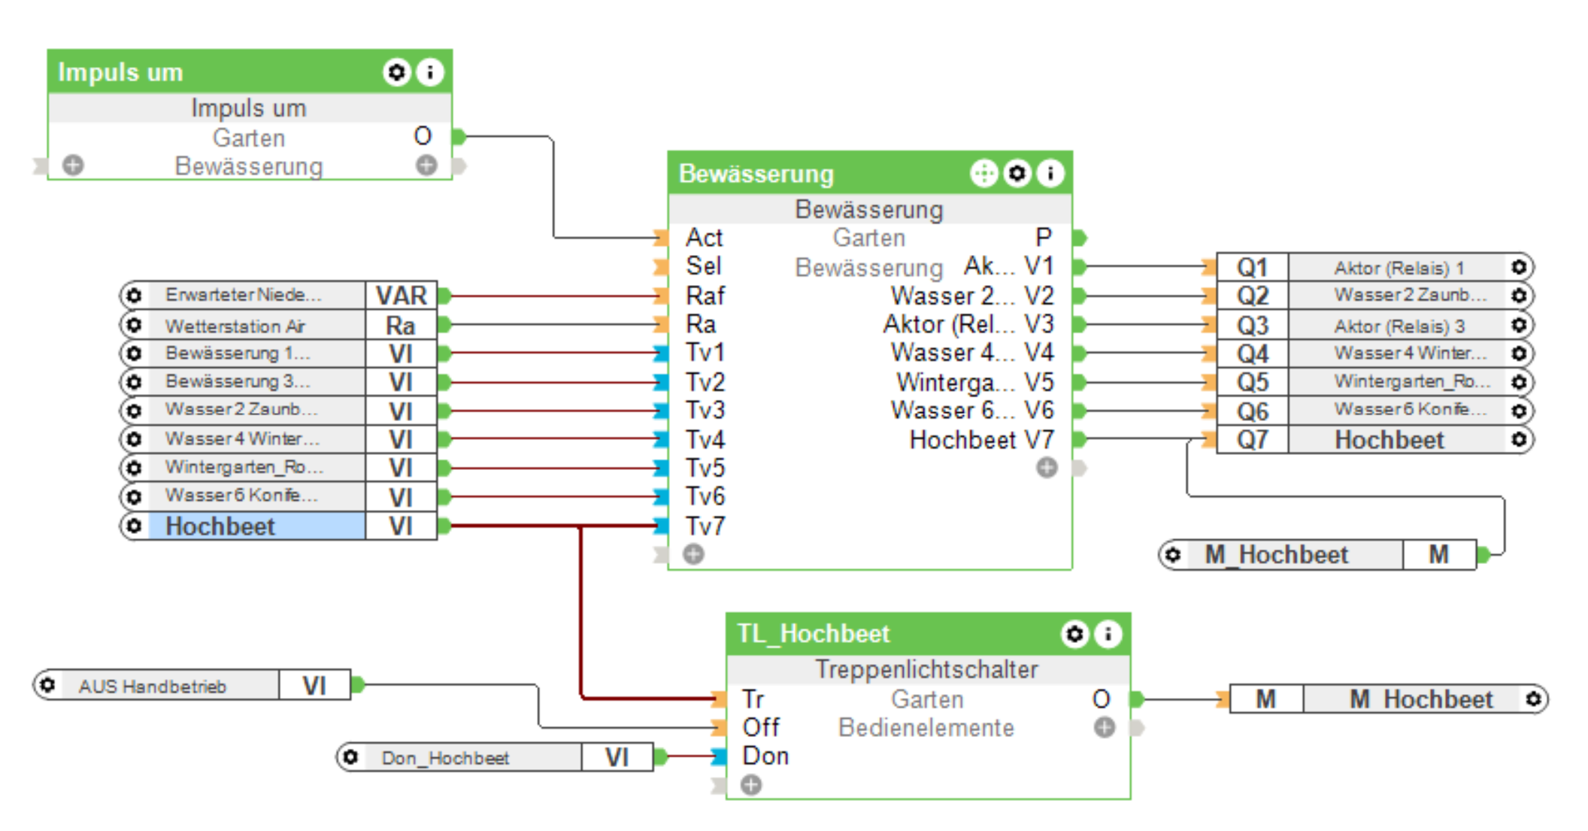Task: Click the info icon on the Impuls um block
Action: (430, 72)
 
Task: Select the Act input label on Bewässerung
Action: (704, 238)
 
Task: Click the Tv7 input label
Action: (705, 526)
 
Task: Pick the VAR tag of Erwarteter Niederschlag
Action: (401, 296)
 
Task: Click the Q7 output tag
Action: (1252, 440)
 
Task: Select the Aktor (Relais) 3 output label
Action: (1399, 326)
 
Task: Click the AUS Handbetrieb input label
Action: (153, 686)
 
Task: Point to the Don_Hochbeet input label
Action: (445, 757)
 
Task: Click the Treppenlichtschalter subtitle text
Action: (926, 669)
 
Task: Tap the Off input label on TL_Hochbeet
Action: (761, 727)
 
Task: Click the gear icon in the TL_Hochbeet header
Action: (1074, 634)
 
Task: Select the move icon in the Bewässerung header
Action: (983, 174)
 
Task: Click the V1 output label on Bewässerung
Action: (1039, 266)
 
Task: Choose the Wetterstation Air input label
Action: (235, 326)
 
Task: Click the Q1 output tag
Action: (1252, 268)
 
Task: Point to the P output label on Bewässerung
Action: (1043, 238)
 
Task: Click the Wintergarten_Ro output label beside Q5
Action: (1411, 381)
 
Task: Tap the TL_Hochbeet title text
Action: (813, 634)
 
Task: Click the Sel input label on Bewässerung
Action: (703, 266)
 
